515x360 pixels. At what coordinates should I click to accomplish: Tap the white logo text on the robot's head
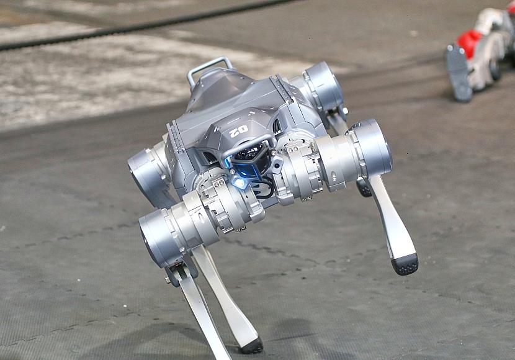coord(239,132)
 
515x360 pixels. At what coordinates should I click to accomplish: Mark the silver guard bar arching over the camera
coord(249,145)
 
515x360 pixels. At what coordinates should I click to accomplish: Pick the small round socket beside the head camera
coord(272,153)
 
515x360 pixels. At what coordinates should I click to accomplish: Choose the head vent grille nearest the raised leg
coord(277,126)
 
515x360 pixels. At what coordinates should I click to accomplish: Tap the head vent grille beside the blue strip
coord(210,158)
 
